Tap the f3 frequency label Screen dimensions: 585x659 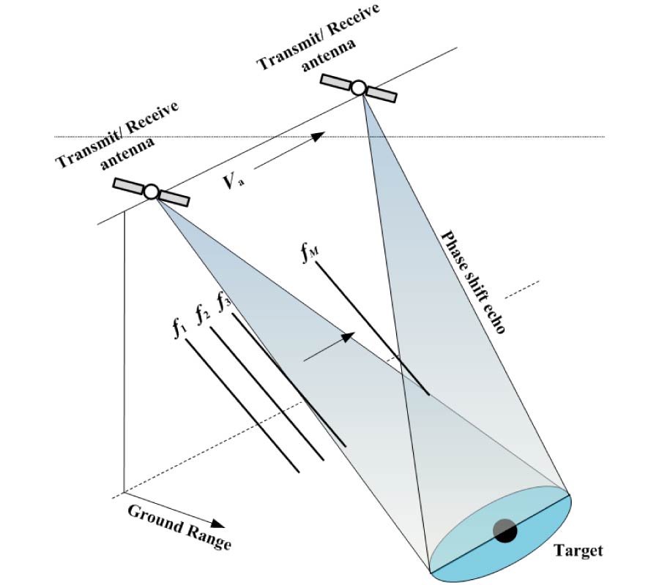click(224, 301)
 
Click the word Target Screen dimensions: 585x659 click(578, 550)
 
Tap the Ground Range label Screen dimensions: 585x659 click(180, 526)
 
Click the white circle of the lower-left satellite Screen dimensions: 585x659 click(151, 192)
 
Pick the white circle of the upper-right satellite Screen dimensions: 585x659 click(358, 88)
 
